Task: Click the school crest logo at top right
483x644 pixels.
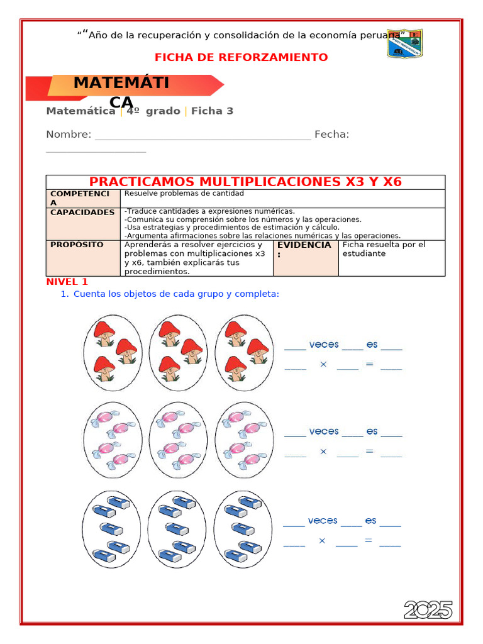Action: click(404, 43)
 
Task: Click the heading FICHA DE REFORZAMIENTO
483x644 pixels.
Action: click(241, 57)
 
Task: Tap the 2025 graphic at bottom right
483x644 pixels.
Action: click(428, 609)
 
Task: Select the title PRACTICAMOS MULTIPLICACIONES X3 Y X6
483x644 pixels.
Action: click(245, 182)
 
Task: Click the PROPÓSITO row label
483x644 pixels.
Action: click(77, 245)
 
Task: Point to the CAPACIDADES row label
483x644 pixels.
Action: click(82, 213)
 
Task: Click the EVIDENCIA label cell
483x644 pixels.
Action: click(304, 249)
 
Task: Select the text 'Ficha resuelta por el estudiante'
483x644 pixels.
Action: click(384, 249)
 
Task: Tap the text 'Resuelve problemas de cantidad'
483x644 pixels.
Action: click(184, 194)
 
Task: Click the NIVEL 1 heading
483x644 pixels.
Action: click(67, 282)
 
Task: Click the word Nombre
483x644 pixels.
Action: click(69, 134)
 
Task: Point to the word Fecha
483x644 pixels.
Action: click(331, 134)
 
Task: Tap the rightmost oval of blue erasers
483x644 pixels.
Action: click(243, 529)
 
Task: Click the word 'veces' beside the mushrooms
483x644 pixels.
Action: click(324, 345)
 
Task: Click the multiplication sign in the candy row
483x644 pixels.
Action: click(323, 452)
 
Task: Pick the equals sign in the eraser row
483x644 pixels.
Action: click(369, 540)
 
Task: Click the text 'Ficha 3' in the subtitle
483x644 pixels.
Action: click(212, 111)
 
